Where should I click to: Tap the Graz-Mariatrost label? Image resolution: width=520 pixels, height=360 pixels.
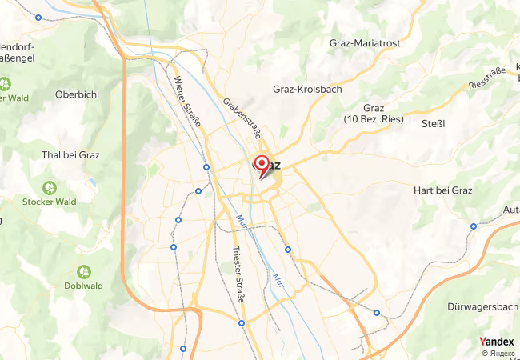coord(370,43)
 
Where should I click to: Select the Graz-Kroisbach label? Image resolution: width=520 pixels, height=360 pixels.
coord(307,89)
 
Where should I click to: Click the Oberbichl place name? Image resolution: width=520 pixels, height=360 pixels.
coord(77,94)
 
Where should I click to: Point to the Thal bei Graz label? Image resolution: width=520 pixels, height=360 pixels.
coord(70,155)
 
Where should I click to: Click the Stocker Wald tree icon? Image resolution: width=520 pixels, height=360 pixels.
coord(50,187)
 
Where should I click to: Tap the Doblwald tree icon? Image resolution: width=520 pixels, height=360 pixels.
coord(83,272)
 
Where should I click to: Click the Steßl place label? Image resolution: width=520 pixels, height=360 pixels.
coord(433,123)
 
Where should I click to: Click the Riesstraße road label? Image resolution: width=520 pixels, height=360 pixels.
coord(487,78)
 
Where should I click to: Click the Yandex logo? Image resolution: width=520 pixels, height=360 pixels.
coord(496,342)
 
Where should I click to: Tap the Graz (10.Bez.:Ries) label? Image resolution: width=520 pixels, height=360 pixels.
coord(374,114)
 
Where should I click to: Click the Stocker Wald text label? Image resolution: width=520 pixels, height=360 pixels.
coord(50,202)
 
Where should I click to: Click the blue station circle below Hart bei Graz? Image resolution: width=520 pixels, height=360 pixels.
coord(474,226)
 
